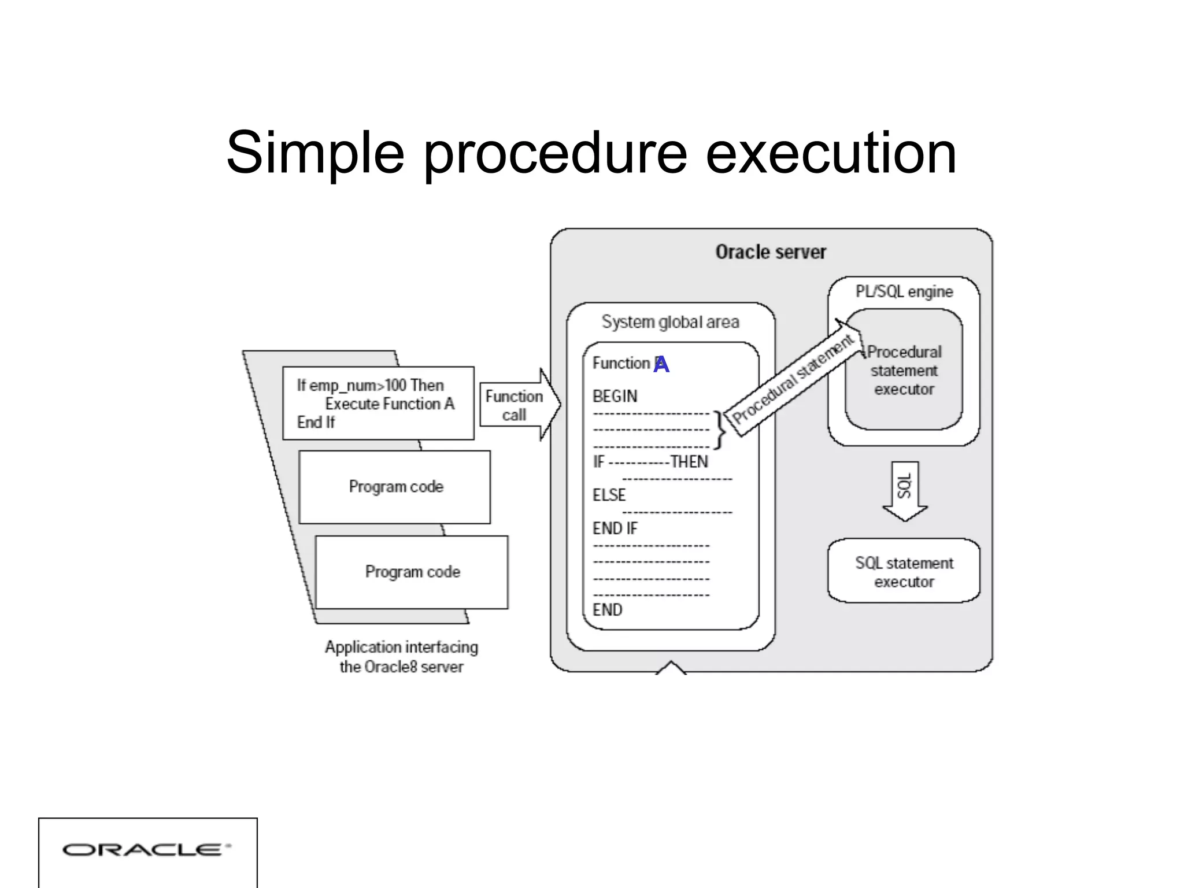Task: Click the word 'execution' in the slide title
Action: (831, 153)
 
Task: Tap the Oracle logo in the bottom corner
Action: (147, 849)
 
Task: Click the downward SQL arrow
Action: (905, 491)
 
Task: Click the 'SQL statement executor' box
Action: (904, 571)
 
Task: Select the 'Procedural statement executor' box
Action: (904, 370)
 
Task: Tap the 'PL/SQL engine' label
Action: (904, 291)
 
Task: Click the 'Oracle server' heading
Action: (771, 252)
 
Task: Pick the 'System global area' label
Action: (670, 322)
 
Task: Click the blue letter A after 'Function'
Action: (661, 364)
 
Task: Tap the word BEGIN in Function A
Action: (615, 397)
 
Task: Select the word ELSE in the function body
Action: (609, 495)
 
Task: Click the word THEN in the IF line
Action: (689, 462)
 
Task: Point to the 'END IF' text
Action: (615, 528)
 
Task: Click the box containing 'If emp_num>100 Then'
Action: (378, 404)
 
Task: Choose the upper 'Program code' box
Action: (395, 487)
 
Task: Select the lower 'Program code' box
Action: (412, 572)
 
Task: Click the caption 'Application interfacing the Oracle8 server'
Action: (401, 657)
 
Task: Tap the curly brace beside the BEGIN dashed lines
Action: (719, 430)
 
